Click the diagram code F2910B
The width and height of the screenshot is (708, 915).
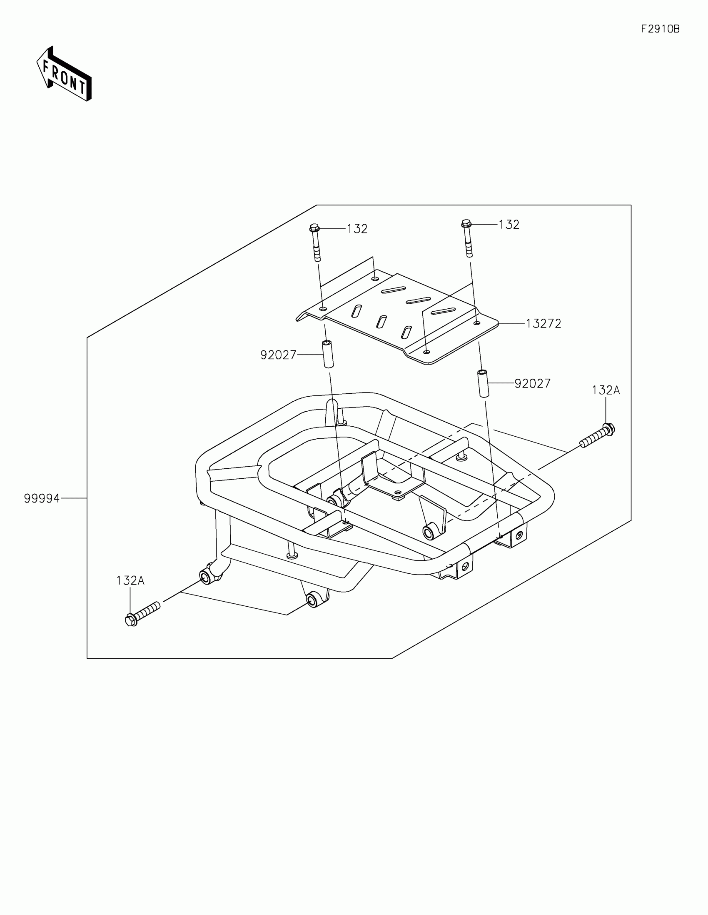660,29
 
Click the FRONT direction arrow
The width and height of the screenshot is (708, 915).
64,74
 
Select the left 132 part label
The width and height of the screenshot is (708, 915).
357,229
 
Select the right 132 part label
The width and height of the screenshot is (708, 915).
509,225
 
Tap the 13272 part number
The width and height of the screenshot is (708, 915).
543,323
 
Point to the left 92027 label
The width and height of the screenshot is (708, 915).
278,355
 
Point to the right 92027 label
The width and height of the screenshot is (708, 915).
532,383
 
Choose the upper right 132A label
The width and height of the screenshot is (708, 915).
606,390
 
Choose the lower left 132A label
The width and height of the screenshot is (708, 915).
130,580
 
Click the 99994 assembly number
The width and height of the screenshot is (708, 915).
42,499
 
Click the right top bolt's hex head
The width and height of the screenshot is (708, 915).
466,223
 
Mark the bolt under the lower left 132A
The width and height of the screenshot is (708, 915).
142,614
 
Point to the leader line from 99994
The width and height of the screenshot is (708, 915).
73,498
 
